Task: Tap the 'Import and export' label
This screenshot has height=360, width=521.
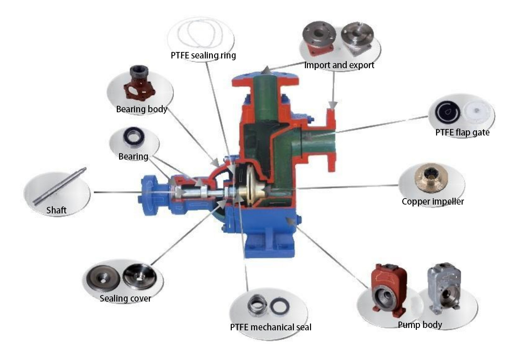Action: tap(339, 65)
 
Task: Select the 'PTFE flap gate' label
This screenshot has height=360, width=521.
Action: tap(462, 132)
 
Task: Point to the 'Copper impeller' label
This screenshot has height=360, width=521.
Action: tap(432, 201)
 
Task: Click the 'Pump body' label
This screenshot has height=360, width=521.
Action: tap(420, 325)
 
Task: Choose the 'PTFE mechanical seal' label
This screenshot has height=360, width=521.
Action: tap(271, 327)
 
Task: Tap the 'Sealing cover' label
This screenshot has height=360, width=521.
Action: tap(125, 298)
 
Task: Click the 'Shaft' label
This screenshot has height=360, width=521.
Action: tap(56, 211)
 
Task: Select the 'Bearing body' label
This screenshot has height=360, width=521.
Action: tap(141, 109)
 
